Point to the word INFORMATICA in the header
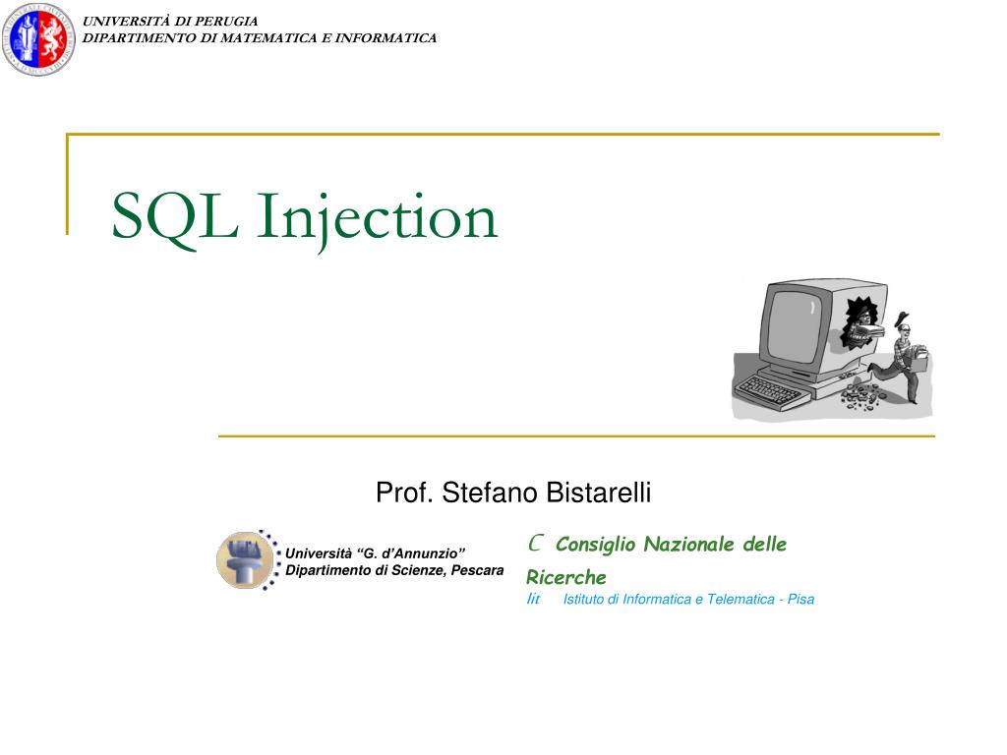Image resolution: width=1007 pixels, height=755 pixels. (386, 38)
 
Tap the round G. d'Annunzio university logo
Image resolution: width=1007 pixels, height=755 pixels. (245, 559)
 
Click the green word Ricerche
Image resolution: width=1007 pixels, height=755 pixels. (565, 577)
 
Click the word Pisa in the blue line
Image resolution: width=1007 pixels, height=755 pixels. (800, 599)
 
